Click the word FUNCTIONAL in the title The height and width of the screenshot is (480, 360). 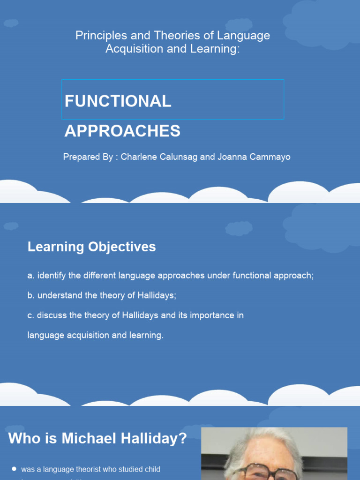118,101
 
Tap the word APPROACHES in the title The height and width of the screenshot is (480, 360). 122,131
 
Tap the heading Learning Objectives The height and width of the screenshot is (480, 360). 91,247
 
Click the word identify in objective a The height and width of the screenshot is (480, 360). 52,276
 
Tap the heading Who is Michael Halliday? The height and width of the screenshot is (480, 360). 97,439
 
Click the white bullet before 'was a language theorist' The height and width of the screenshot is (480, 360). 14,469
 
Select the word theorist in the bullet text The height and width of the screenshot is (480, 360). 99,469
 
